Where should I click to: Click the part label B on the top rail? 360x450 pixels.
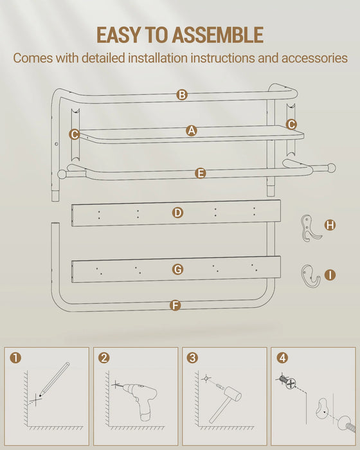(x=182, y=94)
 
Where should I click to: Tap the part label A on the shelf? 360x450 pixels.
(x=192, y=130)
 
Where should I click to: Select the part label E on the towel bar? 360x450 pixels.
(x=201, y=174)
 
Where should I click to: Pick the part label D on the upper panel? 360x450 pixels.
(x=177, y=213)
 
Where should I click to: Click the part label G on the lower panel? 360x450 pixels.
(x=177, y=269)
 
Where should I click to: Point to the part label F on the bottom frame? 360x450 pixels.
(x=175, y=305)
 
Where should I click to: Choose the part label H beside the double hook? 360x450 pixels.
(x=330, y=225)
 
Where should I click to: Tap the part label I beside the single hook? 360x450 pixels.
(x=330, y=275)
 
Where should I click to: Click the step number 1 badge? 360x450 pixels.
(x=15, y=358)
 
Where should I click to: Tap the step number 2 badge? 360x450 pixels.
(x=104, y=358)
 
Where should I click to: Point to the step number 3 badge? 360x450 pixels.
(x=192, y=358)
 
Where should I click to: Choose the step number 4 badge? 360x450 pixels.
(x=282, y=358)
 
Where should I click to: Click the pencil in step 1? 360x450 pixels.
(x=55, y=379)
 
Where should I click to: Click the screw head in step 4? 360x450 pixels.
(x=291, y=383)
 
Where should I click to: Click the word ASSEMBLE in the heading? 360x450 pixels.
(x=218, y=35)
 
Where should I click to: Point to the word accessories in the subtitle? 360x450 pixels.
(x=314, y=58)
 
